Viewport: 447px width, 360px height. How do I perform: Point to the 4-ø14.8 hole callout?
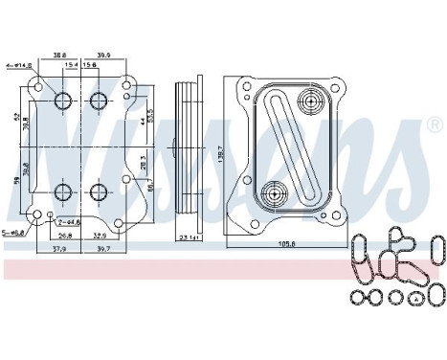click(x=19, y=65)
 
